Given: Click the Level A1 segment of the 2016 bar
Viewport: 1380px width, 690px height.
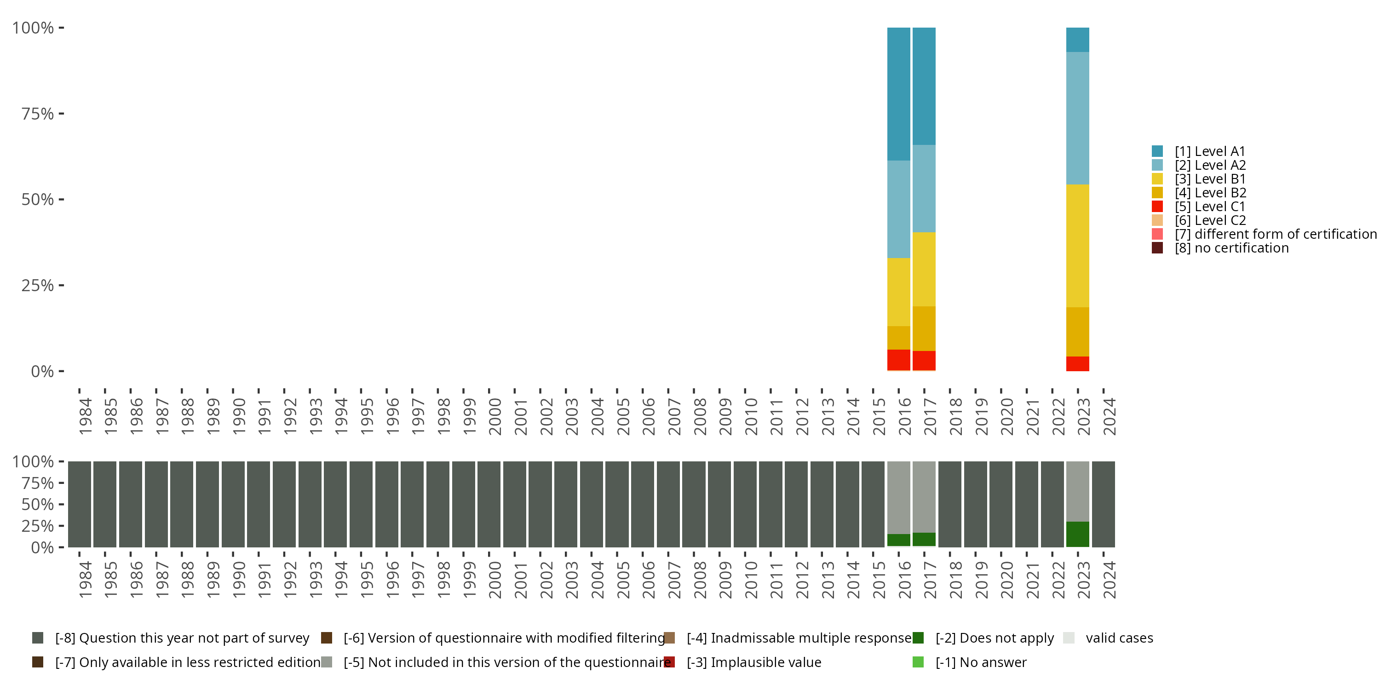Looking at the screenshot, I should [x=898, y=94].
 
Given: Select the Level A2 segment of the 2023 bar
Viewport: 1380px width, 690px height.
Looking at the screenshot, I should [x=1077, y=118].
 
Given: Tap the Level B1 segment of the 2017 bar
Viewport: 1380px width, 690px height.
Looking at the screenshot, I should [x=924, y=269].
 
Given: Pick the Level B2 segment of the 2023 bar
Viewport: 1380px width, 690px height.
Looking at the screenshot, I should [x=1077, y=332].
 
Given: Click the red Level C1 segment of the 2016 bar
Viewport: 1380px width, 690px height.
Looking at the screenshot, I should [x=898, y=359].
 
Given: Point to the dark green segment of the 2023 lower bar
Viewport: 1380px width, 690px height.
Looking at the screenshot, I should [x=1077, y=534].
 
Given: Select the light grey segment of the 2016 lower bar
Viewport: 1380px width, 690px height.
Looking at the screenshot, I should [x=898, y=497].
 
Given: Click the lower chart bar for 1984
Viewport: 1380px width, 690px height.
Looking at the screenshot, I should [x=79, y=504].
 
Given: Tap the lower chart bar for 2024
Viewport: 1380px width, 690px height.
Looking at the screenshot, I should [x=1103, y=504].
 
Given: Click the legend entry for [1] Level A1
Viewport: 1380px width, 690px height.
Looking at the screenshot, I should [x=1210, y=152].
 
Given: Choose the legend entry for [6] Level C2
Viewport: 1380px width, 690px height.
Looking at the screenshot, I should [x=1210, y=221].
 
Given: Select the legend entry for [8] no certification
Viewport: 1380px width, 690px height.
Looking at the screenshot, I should [x=1231, y=248].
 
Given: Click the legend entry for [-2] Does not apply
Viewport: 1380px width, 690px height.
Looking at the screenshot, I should [x=994, y=638].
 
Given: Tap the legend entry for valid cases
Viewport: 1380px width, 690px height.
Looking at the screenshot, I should [x=1119, y=638].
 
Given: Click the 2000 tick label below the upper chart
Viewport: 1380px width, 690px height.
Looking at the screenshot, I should [x=495, y=416].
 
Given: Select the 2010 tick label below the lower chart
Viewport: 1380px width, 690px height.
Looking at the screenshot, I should [x=751, y=580].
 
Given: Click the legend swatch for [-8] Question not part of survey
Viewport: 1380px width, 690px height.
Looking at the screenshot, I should [x=38, y=638].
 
